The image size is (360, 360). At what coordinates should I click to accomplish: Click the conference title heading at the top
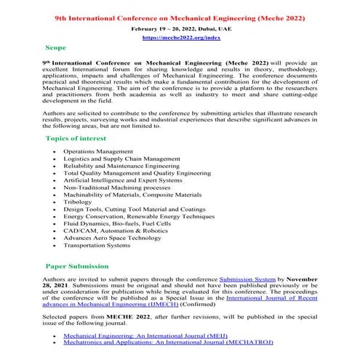click(x=180, y=15)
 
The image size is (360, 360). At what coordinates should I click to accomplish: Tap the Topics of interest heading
click(x=76, y=138)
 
